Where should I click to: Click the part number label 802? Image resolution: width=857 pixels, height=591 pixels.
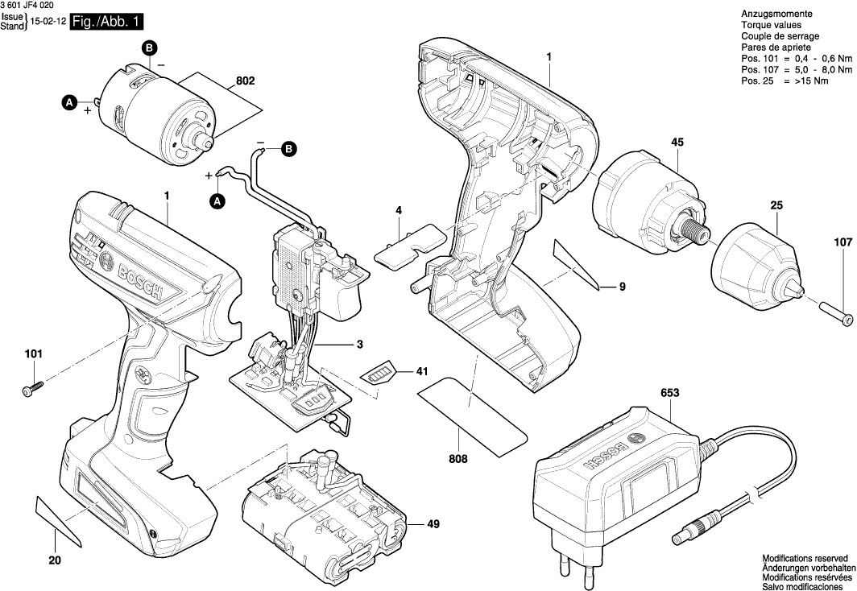(x=246, y=81)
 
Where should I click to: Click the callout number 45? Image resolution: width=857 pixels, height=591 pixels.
(x=677, y=143)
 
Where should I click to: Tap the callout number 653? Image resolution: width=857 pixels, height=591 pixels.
(x=669, y=393)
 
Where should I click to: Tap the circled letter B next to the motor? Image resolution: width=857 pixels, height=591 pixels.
(x=150, y=49)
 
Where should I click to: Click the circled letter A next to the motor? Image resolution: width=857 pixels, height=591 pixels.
(x=69, y=102)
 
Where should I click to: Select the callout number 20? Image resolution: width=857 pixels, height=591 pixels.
(x=55, y=560)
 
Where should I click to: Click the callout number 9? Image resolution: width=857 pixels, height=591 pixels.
(x=623, y=286)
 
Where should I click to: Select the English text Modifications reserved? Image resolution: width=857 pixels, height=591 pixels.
(x=805, y=557)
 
